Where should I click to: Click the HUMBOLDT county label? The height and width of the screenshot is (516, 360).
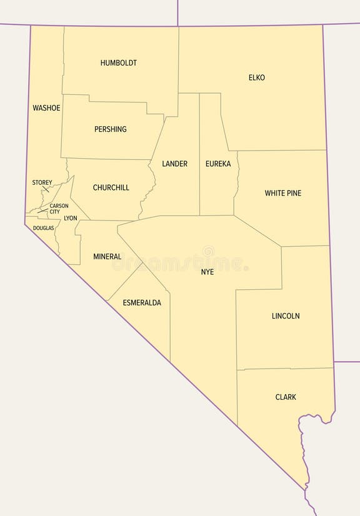point(118,63)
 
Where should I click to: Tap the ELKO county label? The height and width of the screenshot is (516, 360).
point(256,77)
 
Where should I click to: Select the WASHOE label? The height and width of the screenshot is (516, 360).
point(46,108)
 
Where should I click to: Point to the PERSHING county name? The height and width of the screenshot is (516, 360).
point(110,129)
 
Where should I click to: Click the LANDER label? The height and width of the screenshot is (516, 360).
point(174,164)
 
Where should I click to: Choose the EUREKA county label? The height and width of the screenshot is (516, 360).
point(218,164)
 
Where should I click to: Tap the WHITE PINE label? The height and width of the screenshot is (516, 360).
point(282,193)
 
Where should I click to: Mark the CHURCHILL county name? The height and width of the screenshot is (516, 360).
point(111,187)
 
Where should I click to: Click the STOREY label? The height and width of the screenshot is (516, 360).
point(42,182)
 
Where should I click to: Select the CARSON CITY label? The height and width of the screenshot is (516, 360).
point(59,209)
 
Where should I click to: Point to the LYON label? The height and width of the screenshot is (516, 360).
point(71,218)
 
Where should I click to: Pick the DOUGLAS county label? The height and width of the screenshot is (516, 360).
point(43,228)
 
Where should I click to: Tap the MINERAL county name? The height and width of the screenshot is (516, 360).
point(107,257)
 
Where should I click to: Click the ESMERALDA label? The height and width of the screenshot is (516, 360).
point(142,302)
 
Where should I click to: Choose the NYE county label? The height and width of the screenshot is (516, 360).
point(207,272)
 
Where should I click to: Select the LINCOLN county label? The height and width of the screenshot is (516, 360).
point(286,316)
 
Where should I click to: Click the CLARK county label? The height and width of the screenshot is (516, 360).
point(286,397)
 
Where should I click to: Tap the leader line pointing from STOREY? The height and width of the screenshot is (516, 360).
point(46,189)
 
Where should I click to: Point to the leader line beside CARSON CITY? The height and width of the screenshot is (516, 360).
point(43,211)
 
